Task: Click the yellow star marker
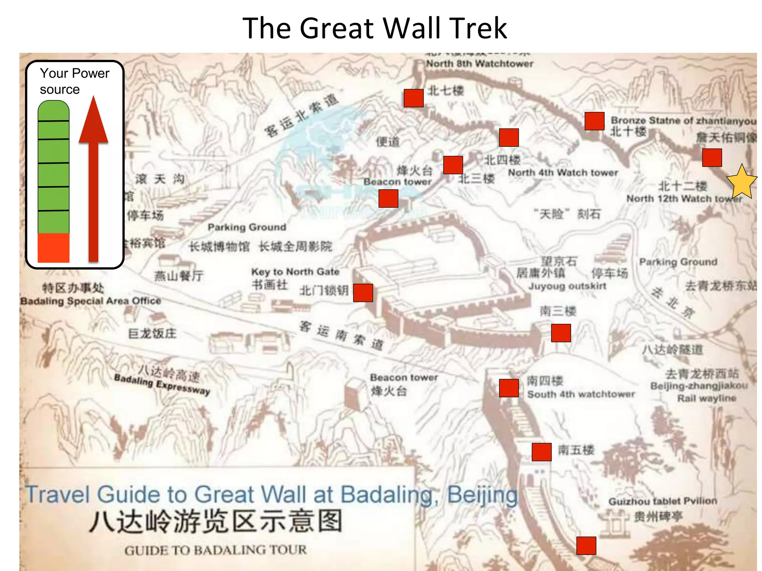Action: pos(741,182)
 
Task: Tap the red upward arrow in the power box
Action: pos(93,178)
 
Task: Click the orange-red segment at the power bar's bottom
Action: pos(54,248)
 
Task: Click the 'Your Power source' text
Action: pos(74,81)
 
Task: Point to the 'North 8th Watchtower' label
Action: pos(479,64)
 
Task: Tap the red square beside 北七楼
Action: pos(414,98)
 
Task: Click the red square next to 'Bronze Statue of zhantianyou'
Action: pos(594,121)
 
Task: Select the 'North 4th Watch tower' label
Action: pos(563,173)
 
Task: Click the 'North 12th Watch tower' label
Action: pos(684,199)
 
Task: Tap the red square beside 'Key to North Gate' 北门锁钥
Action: pos(363,293)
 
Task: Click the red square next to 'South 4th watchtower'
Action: pos(509,388)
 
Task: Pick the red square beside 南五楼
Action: pos(541,452)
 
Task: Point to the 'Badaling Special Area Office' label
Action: pos(90,301)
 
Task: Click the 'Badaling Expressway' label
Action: pos(162,385)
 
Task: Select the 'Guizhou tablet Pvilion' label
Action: pos(662,501)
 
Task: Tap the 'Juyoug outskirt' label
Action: pos(567,286)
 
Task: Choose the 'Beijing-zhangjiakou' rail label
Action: pos(699,386)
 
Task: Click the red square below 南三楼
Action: pos(561,333)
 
